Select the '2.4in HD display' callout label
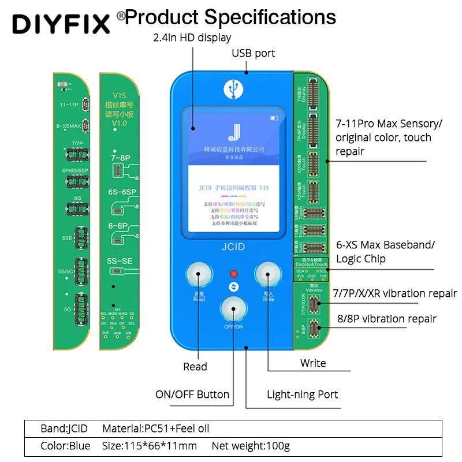click(192, 38)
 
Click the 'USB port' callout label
click(253, 53)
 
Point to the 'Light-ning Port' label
click(302, 395)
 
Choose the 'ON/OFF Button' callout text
click(192, 395)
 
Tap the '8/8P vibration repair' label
click(386, 319)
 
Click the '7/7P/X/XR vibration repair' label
click(395, 293)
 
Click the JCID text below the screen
click(233, 247)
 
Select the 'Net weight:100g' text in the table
click(251, 446)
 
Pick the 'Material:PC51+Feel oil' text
click(155, 429)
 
